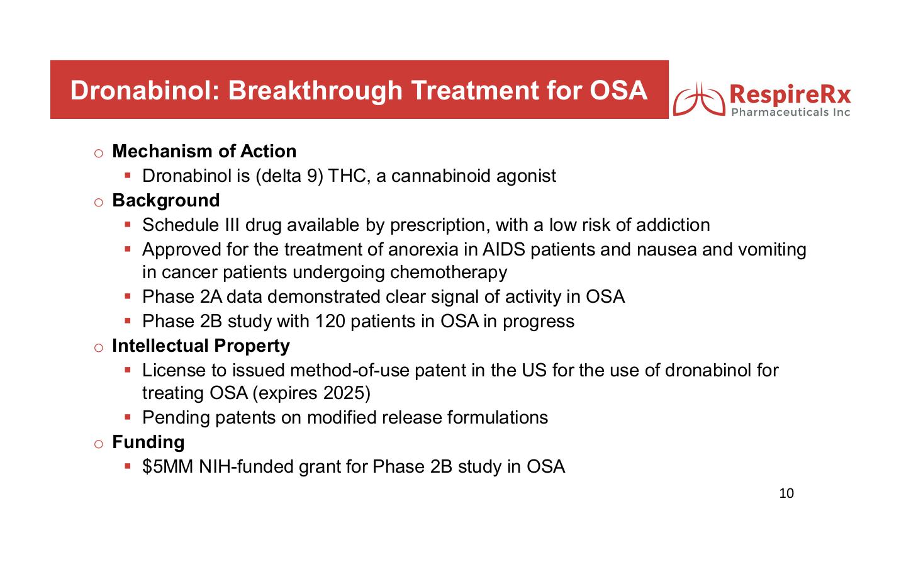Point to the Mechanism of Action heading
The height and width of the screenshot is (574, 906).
[x=204, y=152]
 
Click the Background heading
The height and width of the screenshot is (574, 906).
[x=165, y=201]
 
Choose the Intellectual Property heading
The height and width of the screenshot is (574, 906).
[x=201, y=346]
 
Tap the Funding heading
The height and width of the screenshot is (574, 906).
[x=148, y=442]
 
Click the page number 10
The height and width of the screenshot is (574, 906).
[x=786, y=493]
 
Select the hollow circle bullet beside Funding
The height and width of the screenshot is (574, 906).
[x=98, y=444]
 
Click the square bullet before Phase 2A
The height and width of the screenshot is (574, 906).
[x=127, y=296]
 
